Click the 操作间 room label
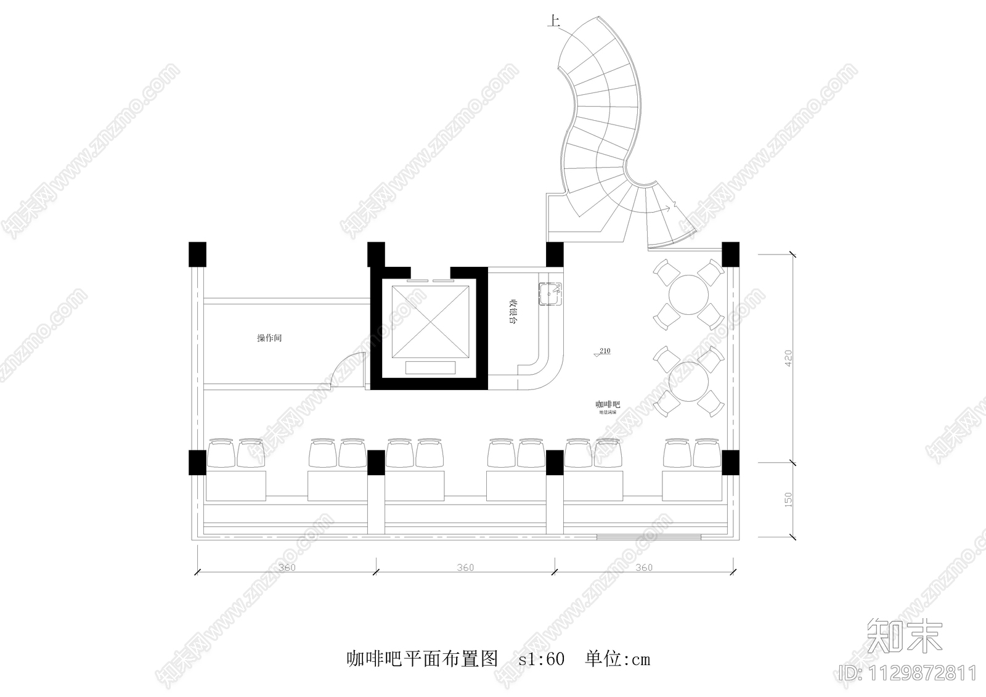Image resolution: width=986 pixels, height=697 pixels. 269,338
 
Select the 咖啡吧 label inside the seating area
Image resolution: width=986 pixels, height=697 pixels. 607,404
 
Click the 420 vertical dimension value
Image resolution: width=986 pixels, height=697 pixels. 788,359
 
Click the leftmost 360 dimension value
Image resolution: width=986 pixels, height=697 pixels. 287,567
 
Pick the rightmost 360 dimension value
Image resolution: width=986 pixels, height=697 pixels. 643,567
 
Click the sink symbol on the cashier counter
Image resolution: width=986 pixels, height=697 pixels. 550,294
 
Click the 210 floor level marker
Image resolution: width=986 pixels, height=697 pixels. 603,352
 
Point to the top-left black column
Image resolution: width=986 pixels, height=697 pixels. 197,254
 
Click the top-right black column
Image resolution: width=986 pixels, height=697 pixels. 730,253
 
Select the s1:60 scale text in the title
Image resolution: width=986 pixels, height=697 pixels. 541,659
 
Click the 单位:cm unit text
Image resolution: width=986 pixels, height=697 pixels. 617,659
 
